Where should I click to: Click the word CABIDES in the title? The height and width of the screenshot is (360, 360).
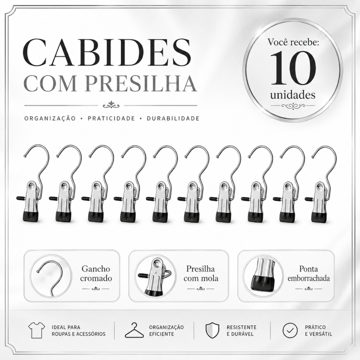107,53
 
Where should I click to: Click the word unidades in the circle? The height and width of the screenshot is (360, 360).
293,95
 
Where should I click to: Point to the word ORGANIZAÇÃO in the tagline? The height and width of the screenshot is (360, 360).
50,118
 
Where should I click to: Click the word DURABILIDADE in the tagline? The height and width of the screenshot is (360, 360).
173,118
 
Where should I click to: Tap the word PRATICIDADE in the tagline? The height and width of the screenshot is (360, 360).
111,118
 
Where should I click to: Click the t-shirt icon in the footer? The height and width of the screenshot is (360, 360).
37,330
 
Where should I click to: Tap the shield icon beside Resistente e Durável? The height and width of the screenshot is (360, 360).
212,330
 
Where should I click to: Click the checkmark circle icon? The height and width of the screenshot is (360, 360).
290,330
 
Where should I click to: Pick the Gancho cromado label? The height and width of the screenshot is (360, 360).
96,274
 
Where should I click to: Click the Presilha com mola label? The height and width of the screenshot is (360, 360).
201,274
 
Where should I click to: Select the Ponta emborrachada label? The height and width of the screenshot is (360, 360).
309,274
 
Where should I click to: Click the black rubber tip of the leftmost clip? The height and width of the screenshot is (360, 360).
31,217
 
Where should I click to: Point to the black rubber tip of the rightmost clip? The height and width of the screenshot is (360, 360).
319,217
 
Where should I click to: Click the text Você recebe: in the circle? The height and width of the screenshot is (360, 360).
293,42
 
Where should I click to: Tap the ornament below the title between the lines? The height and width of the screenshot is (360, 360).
111,105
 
